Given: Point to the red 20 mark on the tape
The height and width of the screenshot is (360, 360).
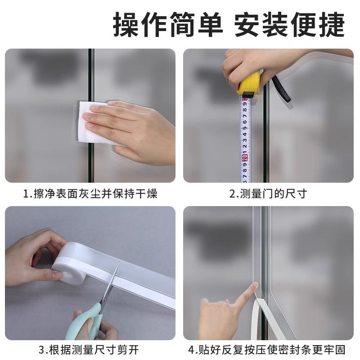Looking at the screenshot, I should click(244, 158).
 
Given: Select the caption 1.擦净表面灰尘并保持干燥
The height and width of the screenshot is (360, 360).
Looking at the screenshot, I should click(90, 194).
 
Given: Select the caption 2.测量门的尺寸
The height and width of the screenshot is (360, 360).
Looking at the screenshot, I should click(268, 194).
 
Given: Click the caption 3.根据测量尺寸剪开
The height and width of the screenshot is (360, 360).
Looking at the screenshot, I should click(90, 350).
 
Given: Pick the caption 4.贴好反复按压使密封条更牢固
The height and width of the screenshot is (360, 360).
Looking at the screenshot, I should click(268, 350).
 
